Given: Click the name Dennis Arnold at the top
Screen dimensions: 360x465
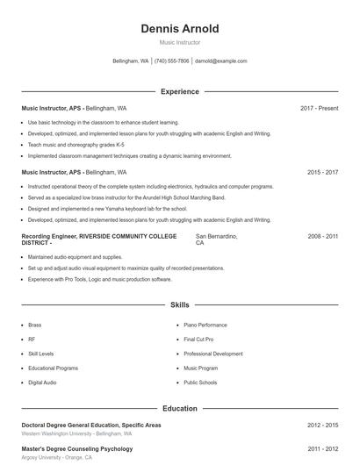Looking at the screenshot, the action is (179, 29).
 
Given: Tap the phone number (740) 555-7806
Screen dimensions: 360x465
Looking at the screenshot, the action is (172, 61).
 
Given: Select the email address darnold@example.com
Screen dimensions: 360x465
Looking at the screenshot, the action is (221, 61).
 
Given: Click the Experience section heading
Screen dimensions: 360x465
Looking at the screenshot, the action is (179, 91).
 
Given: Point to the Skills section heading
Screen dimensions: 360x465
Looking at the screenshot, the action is (179, 305).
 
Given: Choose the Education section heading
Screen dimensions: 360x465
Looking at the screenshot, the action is (179, 408).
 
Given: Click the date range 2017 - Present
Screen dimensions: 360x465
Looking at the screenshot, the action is (319, 108).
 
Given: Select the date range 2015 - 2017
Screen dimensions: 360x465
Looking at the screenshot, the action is (322, 173).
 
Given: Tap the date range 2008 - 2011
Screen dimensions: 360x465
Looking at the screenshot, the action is (322, 237).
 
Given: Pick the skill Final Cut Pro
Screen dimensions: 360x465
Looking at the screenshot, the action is (198, 339).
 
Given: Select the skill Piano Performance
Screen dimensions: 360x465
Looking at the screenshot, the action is (205, 325).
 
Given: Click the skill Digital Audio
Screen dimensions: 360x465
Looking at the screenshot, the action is (42, 383).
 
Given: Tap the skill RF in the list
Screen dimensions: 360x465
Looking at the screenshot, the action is (32, 339).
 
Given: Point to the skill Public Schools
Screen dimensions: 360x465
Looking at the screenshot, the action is (201, 383).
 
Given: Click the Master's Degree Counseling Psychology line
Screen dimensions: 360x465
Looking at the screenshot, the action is (76, 448).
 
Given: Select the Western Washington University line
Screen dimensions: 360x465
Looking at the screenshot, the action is (76, 433).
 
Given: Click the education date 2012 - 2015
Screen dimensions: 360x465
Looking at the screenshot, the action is (322, 425).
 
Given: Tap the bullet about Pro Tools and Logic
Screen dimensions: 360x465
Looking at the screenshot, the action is (99, 279).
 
